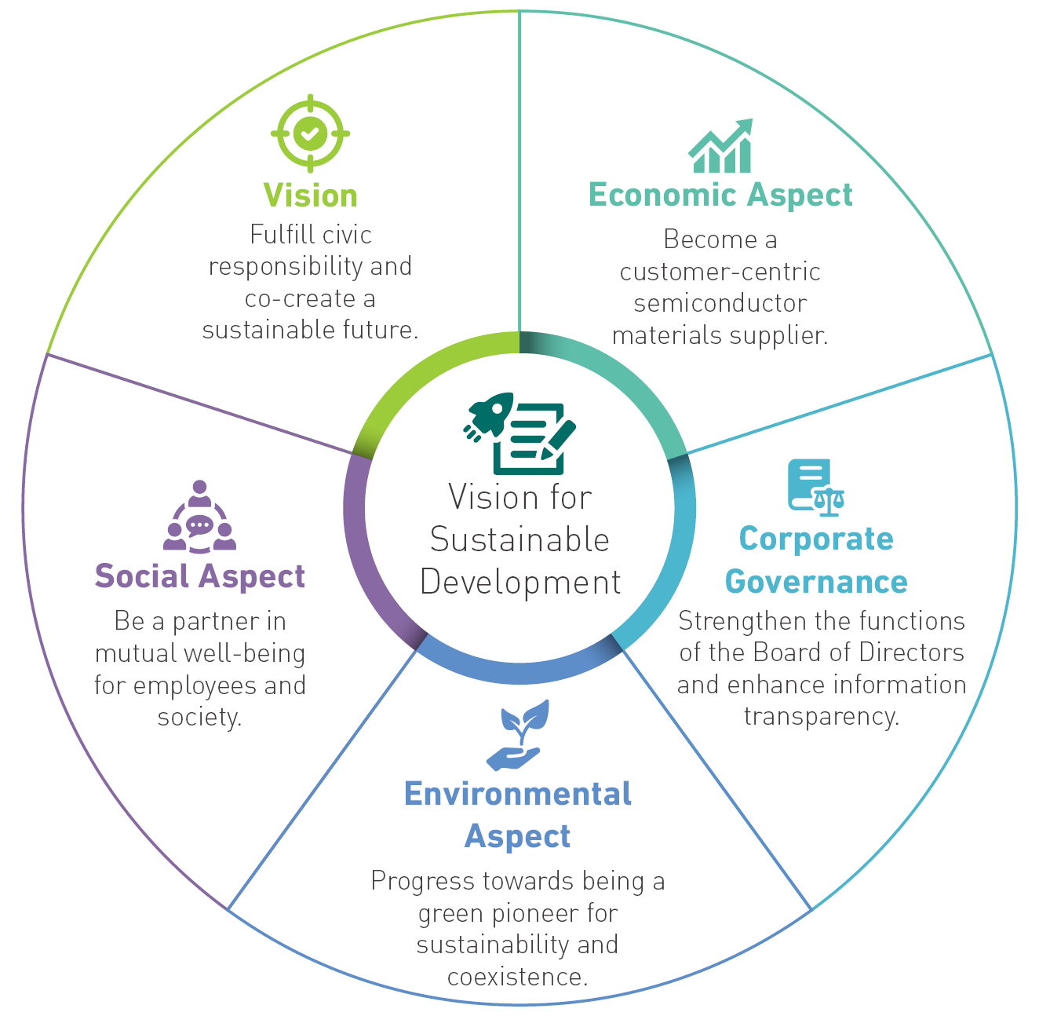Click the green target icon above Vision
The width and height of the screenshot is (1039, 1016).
[x=310, y=133]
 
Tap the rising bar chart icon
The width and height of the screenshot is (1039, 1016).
[x=720, y=145]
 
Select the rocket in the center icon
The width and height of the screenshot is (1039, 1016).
[x=489, y=416]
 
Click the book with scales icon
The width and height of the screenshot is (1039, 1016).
[x=816, y=487]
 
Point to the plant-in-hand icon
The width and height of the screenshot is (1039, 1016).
[x=518, y=735]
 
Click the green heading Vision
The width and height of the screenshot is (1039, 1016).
[x=310, y=196]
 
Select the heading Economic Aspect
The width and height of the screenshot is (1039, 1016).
[x=720, y=195]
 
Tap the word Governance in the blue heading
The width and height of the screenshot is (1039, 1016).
[x=816, y=581]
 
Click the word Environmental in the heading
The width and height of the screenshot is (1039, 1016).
[x=518, y=794]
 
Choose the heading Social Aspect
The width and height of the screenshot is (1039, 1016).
[x=199, y=576]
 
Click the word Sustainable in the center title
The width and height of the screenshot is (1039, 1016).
[x=519, y=539]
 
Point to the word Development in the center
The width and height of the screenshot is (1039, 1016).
[x=520, y=583]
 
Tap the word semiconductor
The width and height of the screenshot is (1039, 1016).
[x=720, y=303]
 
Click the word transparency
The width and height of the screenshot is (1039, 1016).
[x=822, y=717]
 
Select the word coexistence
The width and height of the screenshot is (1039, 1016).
[x=517, y=977]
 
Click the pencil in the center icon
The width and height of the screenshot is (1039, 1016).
[x=558, y=440]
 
